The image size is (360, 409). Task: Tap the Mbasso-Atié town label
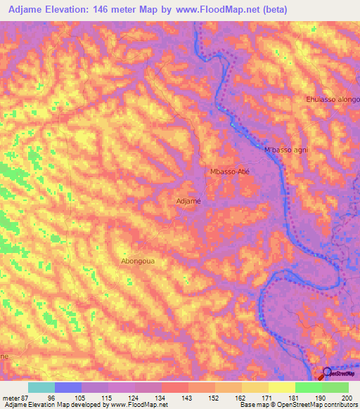coord(230,171)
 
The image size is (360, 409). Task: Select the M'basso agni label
coord(286,150)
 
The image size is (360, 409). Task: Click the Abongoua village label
coord(138,261)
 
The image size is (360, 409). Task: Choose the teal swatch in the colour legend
coord(41,387)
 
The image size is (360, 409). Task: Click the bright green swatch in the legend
coord(308,387)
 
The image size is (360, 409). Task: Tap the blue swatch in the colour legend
coord(68,387)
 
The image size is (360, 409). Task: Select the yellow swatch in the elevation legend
coord(281,387)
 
